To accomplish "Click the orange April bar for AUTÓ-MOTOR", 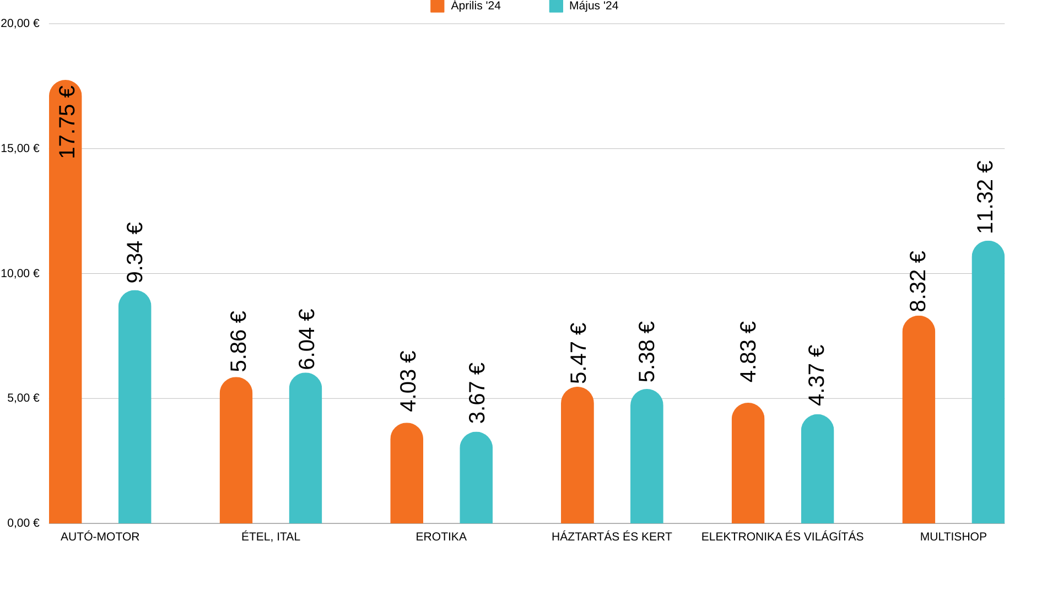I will point(65,331).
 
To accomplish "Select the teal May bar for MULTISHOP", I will point(987,386).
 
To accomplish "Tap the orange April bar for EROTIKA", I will point(407,474).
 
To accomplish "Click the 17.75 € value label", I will point(67,122).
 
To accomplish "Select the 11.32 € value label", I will point(985,197).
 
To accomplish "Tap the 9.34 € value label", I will point(135,252).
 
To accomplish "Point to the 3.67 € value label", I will point(477,392).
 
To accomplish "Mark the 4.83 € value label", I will point(748,351).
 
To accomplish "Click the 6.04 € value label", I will point(306,339).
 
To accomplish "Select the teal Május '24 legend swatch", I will point(556,6).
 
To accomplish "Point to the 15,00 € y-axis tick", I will point(20,148).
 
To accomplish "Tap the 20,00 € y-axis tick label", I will point(20,23).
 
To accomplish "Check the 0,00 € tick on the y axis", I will point(23,523).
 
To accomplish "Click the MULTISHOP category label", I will point(953,537).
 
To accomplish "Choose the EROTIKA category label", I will point(441,537).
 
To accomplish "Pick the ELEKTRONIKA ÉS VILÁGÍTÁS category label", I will point(782,537).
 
